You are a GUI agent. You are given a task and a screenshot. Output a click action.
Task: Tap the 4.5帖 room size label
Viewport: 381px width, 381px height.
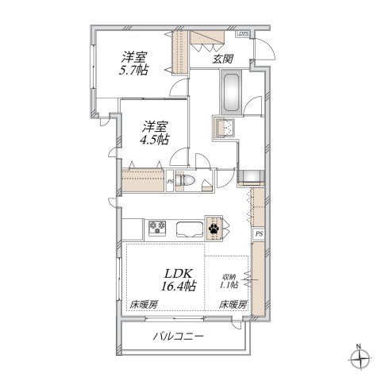tap(156, 140)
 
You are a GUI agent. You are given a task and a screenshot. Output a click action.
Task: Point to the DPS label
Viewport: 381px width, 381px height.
tap(244, 34)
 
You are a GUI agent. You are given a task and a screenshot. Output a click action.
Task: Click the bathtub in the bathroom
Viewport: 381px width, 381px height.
tap(232, 93)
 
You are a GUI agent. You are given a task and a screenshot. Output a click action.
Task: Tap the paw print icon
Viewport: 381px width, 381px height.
tap(214, 229)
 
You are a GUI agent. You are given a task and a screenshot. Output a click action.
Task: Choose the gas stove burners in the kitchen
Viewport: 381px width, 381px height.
tap(156, 229)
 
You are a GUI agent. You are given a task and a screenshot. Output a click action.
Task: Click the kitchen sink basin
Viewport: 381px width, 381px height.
tap(188, 230)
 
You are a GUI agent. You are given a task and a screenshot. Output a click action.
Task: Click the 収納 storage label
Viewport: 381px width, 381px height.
tap(229, 277)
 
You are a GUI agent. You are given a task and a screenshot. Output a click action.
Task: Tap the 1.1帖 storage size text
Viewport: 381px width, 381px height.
tap(229, 287)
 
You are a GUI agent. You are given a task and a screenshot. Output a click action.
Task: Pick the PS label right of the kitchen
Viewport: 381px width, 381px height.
tap(259, 234)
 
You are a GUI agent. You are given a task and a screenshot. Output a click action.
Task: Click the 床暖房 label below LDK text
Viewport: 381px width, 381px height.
tap(144, 305)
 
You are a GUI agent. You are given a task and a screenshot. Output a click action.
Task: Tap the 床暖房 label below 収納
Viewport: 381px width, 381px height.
tap(233, 305)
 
